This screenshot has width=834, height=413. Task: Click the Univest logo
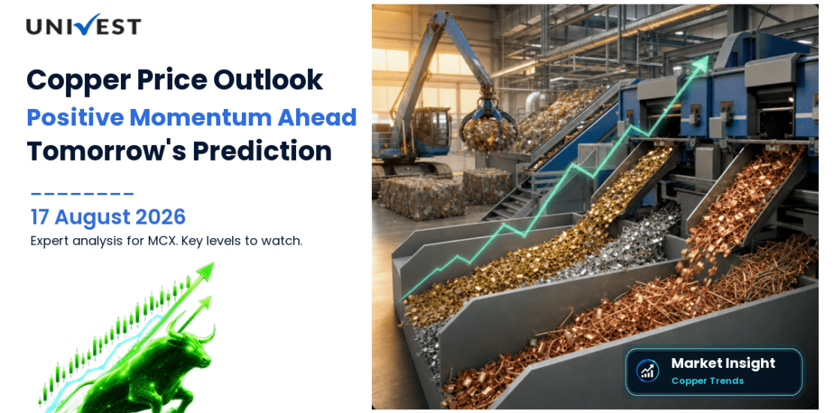[x=83, y=26]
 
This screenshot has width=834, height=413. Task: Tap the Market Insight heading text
[x=723, y=363]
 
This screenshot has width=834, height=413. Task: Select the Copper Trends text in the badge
[x=708, y=381]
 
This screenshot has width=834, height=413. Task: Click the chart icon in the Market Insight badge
[x=648, y=370]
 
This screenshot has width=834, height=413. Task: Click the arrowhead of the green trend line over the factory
[x=702, y=62]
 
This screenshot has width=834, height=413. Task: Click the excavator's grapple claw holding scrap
[x=488, y=126]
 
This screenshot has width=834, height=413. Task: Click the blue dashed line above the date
[x=82, y=194]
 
